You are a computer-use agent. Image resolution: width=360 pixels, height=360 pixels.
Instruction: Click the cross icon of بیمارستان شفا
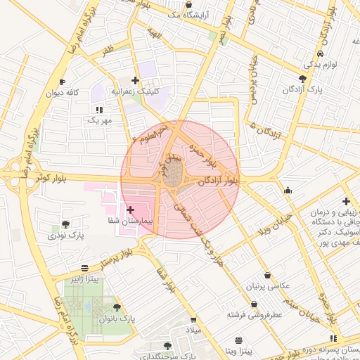[130, 209]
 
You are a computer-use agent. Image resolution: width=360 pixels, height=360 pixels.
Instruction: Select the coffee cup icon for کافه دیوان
[62, 82]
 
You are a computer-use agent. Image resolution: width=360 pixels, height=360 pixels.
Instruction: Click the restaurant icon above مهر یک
[99, 110]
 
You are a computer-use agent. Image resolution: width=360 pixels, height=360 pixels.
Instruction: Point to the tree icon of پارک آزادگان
[302, 79]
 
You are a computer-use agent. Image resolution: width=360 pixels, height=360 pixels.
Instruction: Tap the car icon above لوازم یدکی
[320, 53]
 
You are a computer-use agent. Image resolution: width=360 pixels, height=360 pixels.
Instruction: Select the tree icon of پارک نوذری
[65, 224]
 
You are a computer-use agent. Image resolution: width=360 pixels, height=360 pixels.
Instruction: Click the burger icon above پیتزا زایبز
[84, 268]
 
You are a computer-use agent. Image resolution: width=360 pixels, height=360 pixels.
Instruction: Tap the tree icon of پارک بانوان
[116, 307]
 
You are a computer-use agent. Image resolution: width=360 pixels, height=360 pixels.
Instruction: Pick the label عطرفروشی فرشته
[254, 315]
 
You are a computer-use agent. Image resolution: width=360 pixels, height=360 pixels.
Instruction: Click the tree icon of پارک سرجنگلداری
[167, 346]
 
